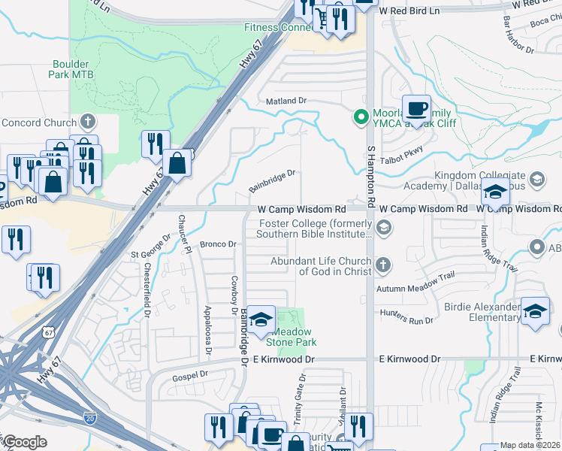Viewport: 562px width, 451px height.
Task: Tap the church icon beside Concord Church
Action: [x=88, y=121]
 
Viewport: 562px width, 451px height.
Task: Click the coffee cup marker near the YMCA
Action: [x=416, y=108]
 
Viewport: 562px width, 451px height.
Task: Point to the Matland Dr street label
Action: [x=286, y=100]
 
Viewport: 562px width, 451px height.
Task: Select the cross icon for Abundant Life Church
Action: [x=384, y=264]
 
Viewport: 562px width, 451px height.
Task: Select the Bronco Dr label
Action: [x=218, y=244]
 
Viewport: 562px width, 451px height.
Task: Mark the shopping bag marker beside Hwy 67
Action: [x=177, y=163]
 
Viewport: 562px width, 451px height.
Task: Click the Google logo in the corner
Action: [x=25, y=441]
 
